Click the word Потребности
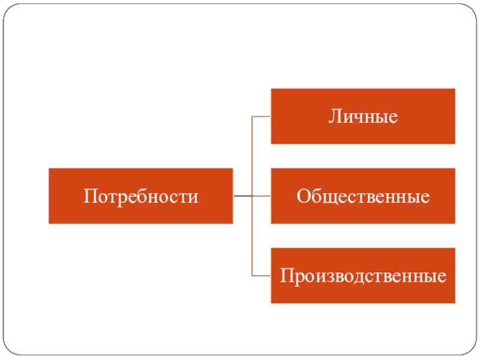pos(140,196)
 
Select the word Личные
pos(362,116)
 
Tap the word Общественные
pos(362,196)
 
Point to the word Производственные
pos(362,276)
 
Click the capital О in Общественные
pos(302,196)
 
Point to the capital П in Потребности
pos(89,196)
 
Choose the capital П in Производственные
pos(285,276)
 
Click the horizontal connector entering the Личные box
pos(262,116)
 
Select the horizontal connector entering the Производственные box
pos(262,276)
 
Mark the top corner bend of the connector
pos(252,116)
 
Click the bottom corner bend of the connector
pos(252,276)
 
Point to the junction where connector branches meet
pos(252,196)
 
